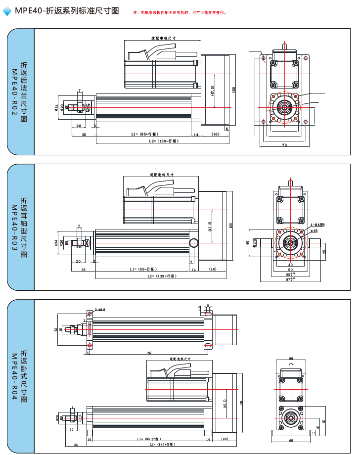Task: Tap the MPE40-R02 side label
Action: [19, 91]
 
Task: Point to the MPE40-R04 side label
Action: [19, 376]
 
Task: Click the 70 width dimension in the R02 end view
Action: [284, 145]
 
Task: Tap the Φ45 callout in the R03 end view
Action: [314, 230]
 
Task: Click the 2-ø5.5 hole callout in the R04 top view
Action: [99, 309]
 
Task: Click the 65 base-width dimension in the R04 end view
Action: [291, 440]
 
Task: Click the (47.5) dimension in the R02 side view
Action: [212, 91]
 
